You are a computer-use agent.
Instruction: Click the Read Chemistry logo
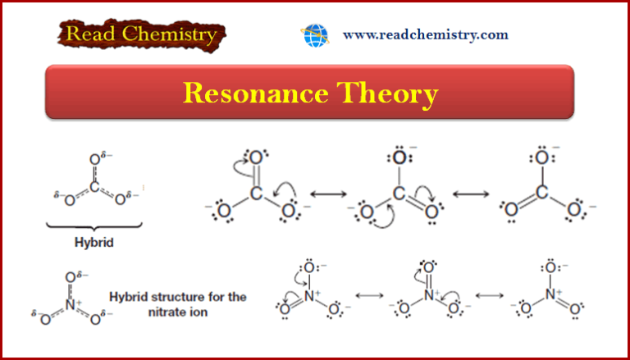(x=141, y=35)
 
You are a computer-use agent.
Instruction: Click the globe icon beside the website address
(x=314, y=35)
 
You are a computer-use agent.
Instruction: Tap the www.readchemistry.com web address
(x=425, y=35)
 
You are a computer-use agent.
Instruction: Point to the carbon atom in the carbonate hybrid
(x=94, y=187)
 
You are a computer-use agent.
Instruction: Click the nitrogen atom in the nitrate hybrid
(x=71, y=304)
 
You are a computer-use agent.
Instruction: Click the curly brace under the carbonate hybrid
(x=93, y=226)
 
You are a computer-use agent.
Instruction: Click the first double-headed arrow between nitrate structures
(x=369, y=295)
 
